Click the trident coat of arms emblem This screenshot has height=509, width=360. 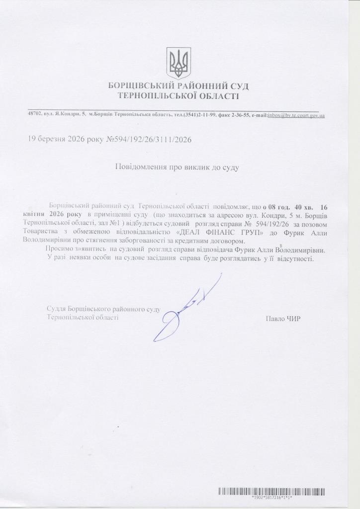179,63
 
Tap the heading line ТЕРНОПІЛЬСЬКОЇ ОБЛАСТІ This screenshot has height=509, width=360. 179,96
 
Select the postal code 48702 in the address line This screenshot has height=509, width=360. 35,115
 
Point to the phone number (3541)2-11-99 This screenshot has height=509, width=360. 200,115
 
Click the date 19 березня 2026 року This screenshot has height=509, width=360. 67,140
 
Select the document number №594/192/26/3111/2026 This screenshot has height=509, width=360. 150,140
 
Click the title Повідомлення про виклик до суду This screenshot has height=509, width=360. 178,168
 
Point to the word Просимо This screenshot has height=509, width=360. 59,249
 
